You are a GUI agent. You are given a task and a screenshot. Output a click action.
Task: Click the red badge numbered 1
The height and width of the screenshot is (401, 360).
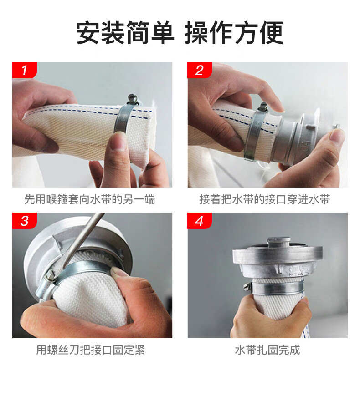(25, 70)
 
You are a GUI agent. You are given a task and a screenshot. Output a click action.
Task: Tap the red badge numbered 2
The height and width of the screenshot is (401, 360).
(200, 70)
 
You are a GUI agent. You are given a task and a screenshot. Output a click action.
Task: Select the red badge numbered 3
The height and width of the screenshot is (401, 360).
(25, 221)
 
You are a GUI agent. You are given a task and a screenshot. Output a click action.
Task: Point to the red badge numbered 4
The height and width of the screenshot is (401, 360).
(200, 221)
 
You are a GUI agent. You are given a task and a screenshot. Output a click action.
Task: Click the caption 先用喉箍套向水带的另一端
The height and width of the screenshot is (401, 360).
(90, 199)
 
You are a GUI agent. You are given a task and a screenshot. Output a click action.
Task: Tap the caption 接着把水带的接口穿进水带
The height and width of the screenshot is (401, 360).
(265, 199)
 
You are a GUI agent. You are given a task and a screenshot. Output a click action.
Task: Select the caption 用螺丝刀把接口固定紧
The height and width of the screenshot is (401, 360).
(91, 350)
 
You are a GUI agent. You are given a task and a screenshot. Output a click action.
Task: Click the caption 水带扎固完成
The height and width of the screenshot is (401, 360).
(267, 350)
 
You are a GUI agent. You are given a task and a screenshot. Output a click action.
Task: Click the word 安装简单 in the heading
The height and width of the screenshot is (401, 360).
(125, 33)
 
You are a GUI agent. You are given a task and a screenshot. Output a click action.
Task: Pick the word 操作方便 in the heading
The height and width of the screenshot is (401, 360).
(234, 33)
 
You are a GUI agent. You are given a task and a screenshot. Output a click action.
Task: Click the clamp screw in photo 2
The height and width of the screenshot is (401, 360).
(262, 107)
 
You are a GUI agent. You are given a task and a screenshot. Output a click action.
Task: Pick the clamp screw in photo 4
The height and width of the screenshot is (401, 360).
(247, 286)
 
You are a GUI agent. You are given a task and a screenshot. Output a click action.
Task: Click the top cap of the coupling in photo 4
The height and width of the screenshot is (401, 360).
(278, 243)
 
